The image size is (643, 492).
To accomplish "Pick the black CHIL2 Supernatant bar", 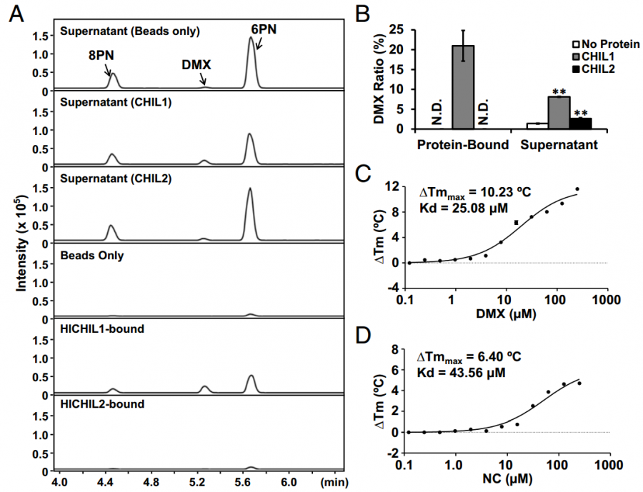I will coord(580,124).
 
